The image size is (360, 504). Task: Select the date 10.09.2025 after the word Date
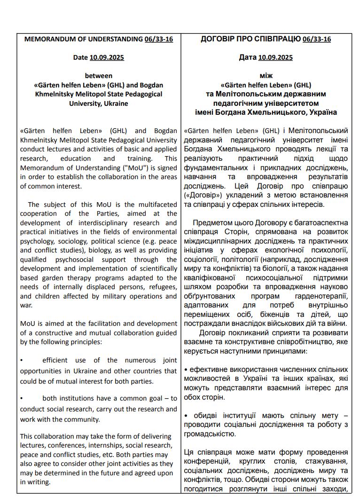(x=107, y=57)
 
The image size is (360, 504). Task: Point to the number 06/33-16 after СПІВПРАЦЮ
(x=317, y=39)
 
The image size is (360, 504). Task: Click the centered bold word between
(x=99, y=75)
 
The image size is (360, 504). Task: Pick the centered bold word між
(x=266, y=75)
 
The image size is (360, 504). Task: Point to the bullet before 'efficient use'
(x=22, y=361)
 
